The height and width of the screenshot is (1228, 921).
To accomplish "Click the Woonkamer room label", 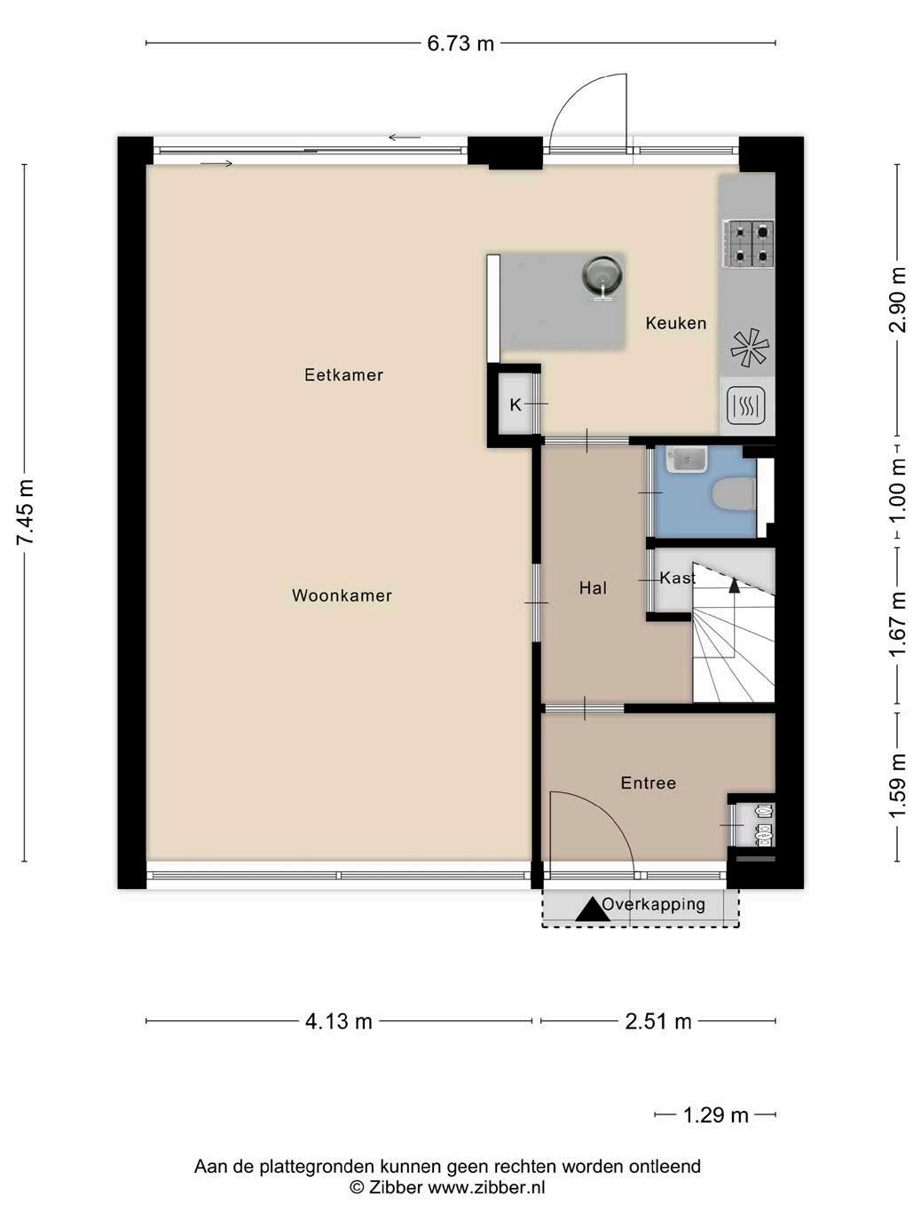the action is (342, 595).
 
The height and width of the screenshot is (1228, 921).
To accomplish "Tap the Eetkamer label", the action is (343, 374).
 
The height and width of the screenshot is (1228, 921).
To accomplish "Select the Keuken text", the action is (676, 323).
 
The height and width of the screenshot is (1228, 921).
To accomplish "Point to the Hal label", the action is (593, 588).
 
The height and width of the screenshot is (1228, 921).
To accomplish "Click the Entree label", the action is (648, 783).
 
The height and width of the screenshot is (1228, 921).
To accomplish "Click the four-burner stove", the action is (750, 243).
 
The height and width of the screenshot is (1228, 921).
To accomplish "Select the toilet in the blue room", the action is (735, 494).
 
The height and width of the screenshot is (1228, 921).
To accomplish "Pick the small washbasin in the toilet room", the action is (687, 460).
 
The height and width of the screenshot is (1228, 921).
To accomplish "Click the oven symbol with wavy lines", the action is (746, 405).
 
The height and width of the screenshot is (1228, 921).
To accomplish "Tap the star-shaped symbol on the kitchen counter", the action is (750, 349).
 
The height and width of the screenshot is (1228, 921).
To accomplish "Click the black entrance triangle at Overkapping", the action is (593, 909).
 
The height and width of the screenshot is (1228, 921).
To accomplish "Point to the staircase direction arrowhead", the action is (734, 586).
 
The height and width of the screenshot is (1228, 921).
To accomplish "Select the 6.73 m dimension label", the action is (460, 43).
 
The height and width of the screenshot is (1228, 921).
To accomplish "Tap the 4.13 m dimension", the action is (339, 1021).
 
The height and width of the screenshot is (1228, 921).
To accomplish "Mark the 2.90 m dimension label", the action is (898, 299).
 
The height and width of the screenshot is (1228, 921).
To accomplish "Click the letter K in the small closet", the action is (515, 405).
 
